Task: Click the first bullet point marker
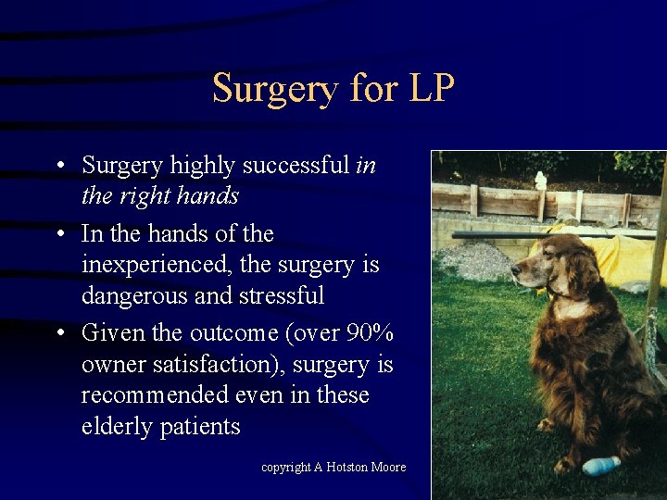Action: point(58,166)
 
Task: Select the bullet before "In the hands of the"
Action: point(58,233)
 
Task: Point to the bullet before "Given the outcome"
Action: point(58,332)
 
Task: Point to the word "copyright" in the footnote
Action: point(285,468)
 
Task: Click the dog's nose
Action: point(515,277)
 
